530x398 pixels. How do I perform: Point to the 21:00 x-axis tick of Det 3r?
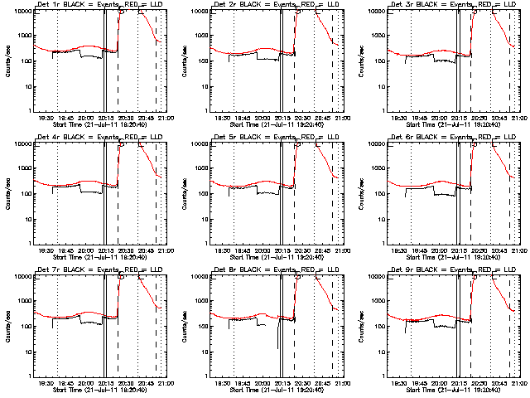518,118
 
